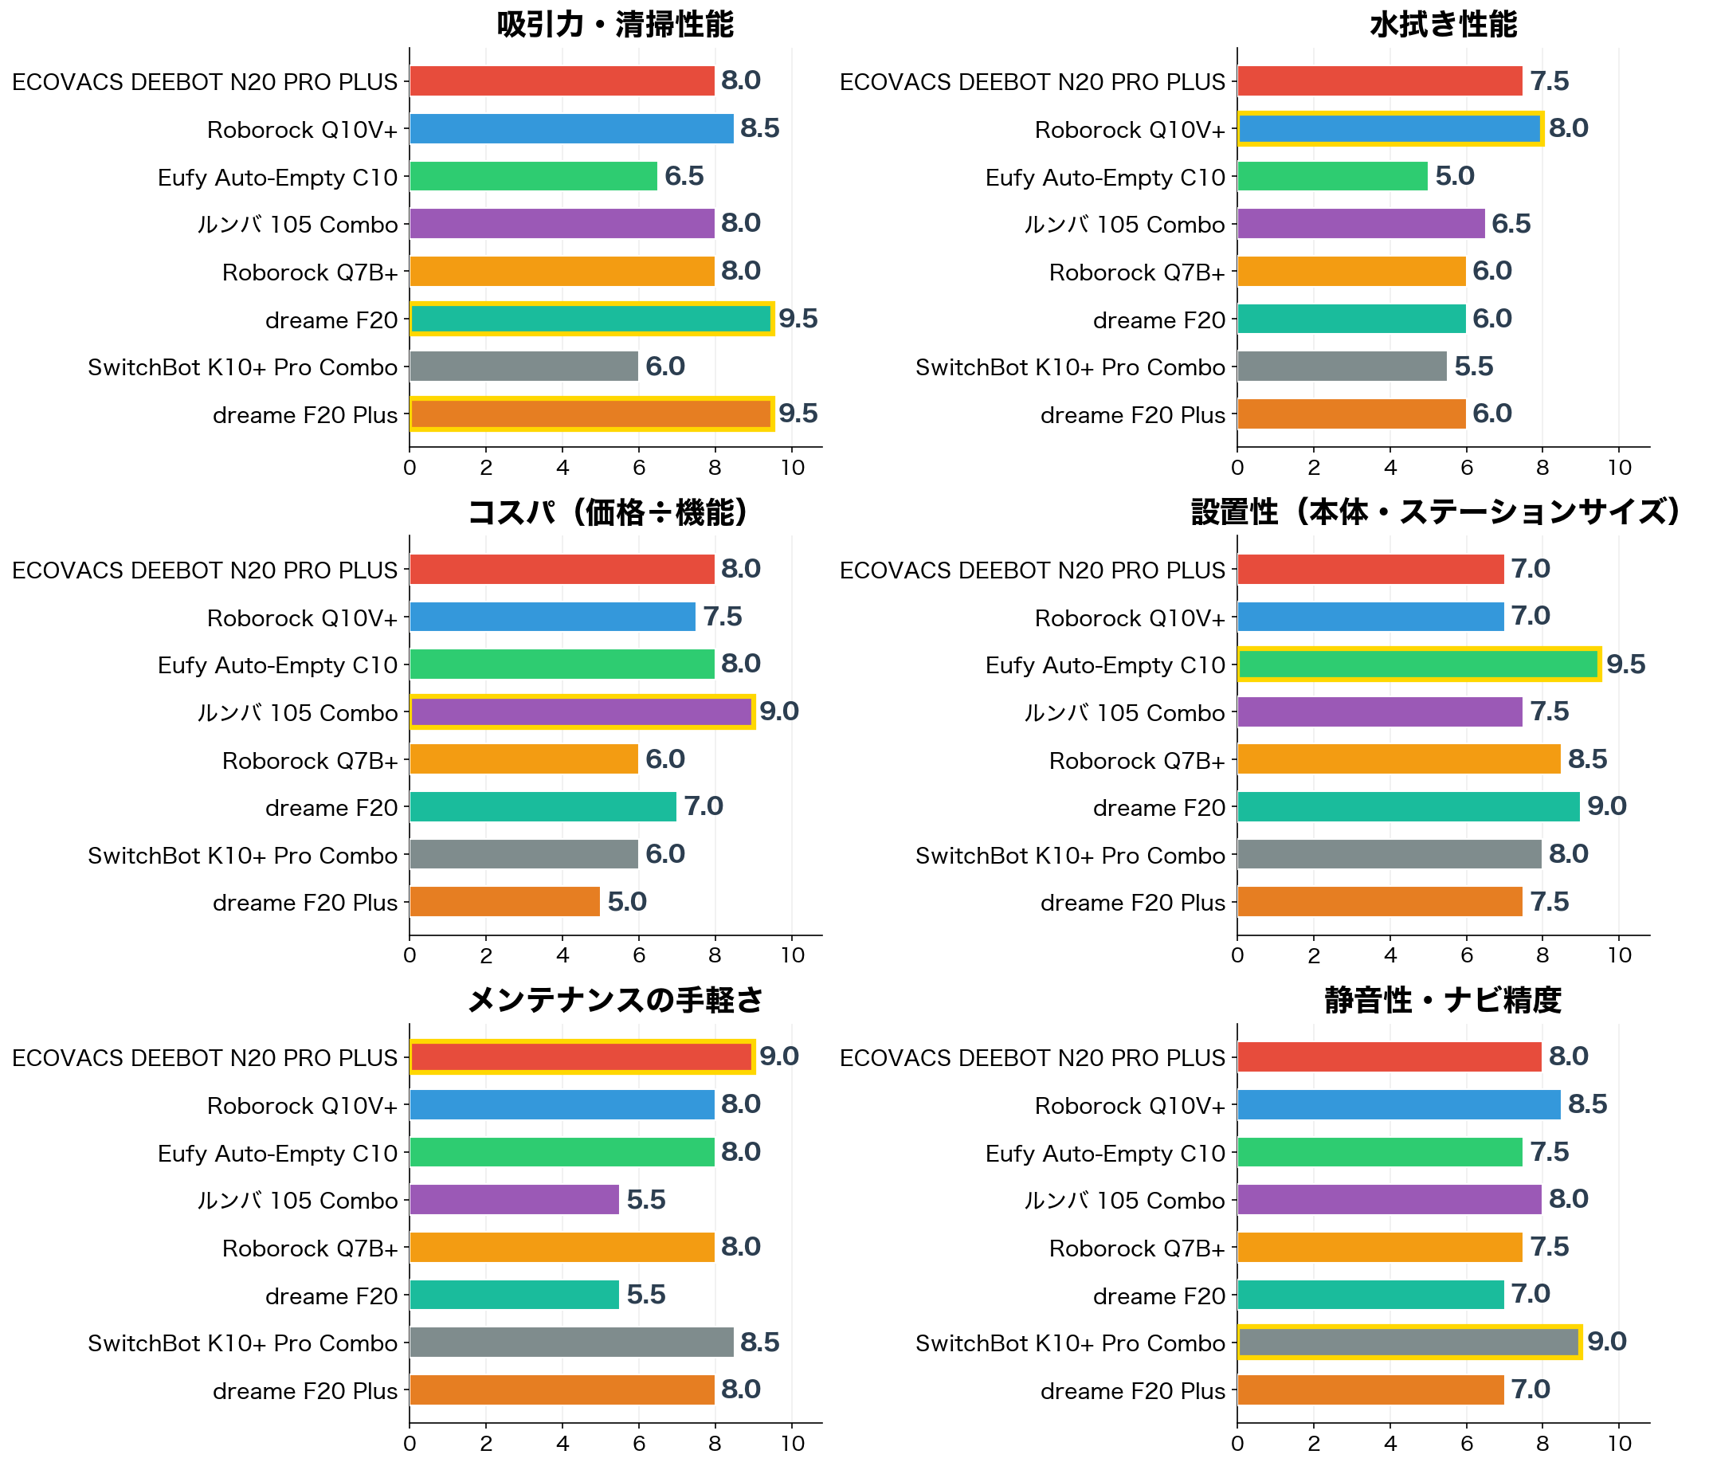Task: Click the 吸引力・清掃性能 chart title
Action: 614,25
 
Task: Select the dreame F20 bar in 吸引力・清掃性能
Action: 591,319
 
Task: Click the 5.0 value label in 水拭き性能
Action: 1454,176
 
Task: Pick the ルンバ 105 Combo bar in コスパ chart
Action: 582,712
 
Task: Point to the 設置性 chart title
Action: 1436,512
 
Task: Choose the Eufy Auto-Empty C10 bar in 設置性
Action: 1419,664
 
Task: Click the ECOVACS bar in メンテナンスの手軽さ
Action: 582,1056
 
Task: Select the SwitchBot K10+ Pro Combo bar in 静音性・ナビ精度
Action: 1409,1342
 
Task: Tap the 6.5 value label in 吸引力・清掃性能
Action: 684,176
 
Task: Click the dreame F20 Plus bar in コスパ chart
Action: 505,902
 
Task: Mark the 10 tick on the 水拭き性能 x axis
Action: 1619,468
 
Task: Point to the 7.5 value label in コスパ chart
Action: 723,616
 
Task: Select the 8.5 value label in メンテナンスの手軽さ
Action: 759,1343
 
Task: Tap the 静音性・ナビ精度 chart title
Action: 1443,1000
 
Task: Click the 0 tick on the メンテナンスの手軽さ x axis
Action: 410,1444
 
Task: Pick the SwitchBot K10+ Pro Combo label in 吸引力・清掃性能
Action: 242,367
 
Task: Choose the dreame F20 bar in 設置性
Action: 1409,807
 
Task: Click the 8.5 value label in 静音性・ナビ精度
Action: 1587,1103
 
